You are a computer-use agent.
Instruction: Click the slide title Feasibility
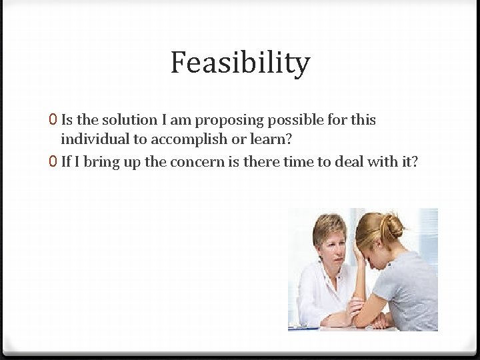click(x=240, y=63)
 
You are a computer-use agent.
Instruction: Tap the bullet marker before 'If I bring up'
click(x=53, y=162)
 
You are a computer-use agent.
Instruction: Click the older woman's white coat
click(x=313, y=293)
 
